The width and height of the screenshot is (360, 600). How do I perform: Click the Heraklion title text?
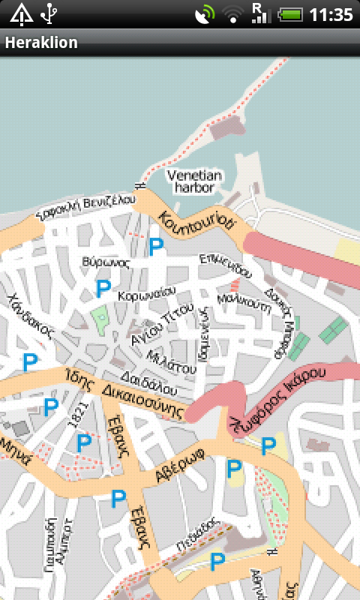coord(41,43)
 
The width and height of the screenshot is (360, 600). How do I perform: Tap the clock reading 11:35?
coord(330,14)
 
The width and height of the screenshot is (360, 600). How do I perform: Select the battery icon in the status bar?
coord(289,14)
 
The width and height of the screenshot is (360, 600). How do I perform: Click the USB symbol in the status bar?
coord(49,13)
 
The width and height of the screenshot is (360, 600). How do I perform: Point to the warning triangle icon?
coord(20,13)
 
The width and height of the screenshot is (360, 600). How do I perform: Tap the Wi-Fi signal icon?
coord(233,14)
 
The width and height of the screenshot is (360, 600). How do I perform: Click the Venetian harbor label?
coord(191,181)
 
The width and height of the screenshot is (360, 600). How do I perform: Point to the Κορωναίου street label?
coord(146,291)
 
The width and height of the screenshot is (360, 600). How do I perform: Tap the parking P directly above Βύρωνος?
coord(156,246)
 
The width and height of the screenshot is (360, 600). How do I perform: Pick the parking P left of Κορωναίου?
coord(103,288)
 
